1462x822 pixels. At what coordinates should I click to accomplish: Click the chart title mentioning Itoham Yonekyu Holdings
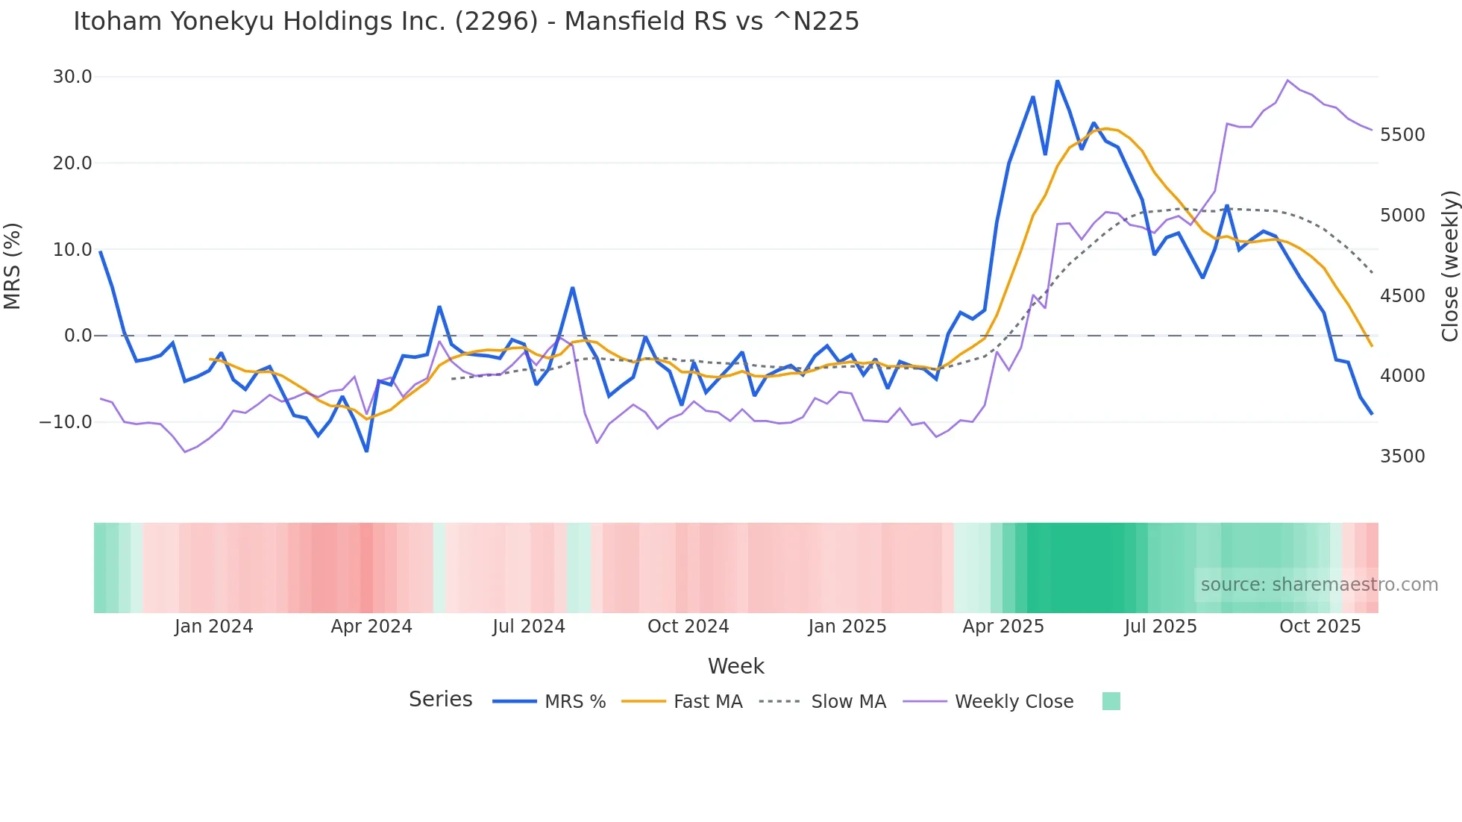coord(466,22)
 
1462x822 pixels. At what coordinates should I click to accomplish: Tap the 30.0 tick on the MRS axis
coord(72,77)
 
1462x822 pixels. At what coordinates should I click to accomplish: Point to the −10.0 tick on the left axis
coord(66,422)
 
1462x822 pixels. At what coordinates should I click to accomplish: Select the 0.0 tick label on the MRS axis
coord(78,336)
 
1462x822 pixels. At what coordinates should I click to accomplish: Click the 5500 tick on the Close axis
coord(1402,135)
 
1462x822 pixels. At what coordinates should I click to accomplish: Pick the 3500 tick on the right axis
coord(1402,457)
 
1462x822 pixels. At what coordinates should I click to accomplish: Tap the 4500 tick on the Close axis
coord(1402,296)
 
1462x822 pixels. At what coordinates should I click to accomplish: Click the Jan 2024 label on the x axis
coord(214,627)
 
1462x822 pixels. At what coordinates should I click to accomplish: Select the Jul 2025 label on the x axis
coord(1161,627)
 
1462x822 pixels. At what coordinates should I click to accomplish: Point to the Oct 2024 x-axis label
coord(688,627)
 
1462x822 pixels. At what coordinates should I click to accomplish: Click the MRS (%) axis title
coord(13,266)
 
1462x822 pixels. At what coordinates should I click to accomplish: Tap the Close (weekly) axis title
coord(1449,266)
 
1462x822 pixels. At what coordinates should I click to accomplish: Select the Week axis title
coord(735,666)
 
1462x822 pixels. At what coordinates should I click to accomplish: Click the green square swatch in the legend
coord(1111,701)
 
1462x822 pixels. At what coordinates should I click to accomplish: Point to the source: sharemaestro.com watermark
coord(1319,585)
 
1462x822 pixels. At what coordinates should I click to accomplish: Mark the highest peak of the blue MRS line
coord(1057,81)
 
